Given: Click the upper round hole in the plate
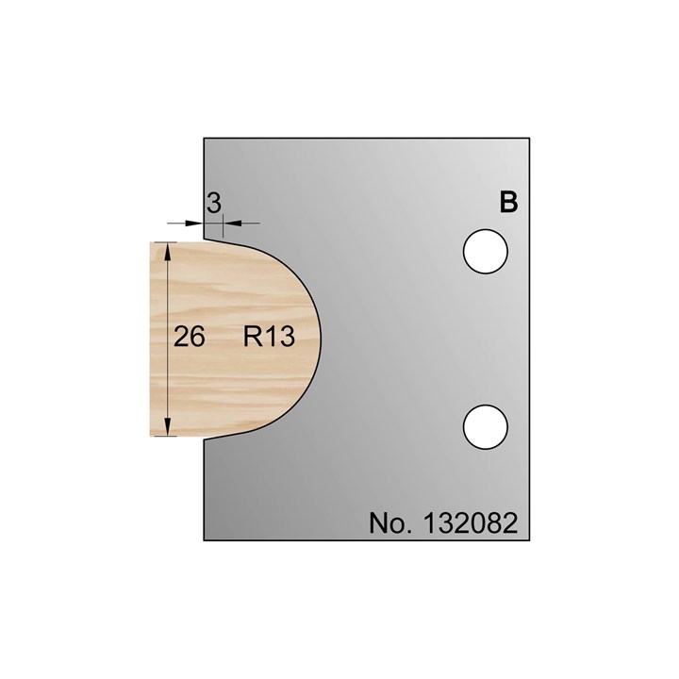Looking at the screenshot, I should click(x=487, y=252).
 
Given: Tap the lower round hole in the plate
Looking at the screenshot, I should click(x=487, y=424).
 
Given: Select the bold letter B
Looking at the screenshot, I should click(x=508, y=202).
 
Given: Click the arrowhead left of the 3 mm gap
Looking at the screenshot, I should click(x=197, y=223).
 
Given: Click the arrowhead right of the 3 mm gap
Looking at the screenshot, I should click(x=228, y=223).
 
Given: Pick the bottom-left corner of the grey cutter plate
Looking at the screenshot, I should click(x=205, y=541).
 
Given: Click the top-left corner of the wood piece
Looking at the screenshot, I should click(x=152, y=240).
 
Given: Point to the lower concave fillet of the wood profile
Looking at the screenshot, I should click(x=219, y=435).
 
